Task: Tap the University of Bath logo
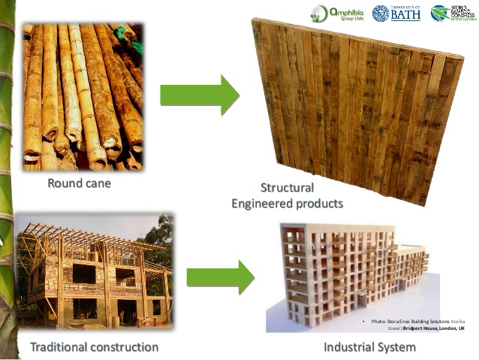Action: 396,13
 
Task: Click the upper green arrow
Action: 199,95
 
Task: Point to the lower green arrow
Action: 221,277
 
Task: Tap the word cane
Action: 98,183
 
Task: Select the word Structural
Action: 287,188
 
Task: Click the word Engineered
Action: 264,203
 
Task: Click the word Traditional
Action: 59,347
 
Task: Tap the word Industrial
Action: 350,347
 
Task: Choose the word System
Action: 398,347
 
